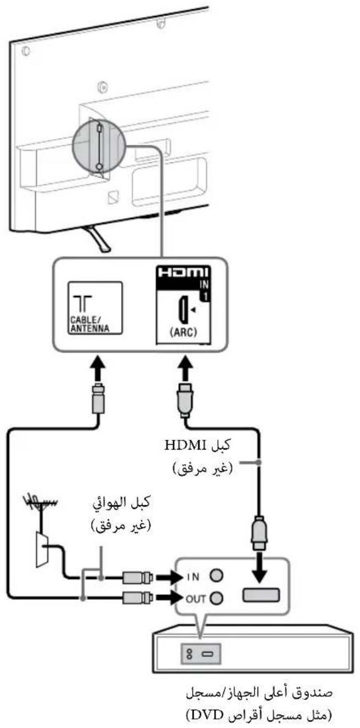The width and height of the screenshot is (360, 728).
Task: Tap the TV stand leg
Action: pos(98,237)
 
